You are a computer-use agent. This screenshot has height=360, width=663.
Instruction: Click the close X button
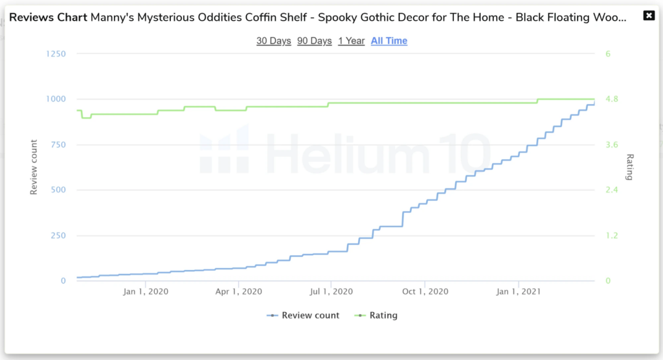pyautogui.click(x=649, y=16)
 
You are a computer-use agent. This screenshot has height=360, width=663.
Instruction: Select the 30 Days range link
pyautogui.click(x=274, y=41)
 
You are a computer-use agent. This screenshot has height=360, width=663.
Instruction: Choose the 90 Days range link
pyautogui.click(x=315, y=41)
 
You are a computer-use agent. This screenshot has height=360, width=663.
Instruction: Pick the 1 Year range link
pyautogui.click(x=352, y=41)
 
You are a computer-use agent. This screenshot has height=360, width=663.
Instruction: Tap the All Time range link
pyautogui.click(x=389, y=41)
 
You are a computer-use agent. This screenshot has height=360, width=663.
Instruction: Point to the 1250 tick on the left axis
pyautogui.click(x=56, y=54)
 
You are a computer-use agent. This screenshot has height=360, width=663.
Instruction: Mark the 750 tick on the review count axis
pyautogui.click(x=58, y=144)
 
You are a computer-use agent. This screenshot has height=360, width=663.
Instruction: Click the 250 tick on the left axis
pyautogui.click(x=58, y=236)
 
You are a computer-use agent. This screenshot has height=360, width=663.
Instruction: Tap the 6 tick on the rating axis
pyautogui.click(x=608, y=54)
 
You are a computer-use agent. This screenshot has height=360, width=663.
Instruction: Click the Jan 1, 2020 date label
pyautogui.click(x=146, y=292)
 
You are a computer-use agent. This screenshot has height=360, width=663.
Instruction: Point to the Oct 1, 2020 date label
pyautogui.click(x=424, y=292)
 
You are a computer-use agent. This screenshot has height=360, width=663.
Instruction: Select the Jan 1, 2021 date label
pyautogui.click(x=518, y=292)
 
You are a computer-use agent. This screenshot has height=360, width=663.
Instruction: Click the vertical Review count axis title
pyautogui.click(x=34, y=167)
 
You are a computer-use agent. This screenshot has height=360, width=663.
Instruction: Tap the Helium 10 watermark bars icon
pyautogui.click(x=223, y=151)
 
